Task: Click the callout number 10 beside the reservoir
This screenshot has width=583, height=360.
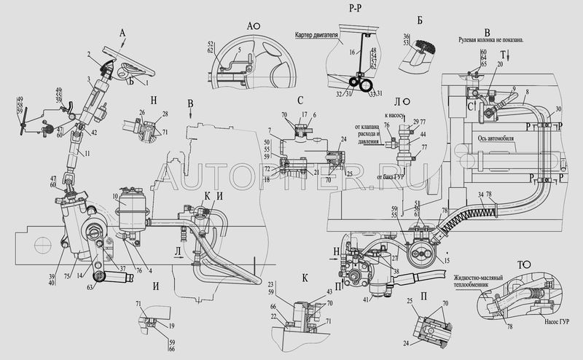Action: click(x=116, y=197)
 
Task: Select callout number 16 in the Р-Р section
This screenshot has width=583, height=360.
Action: click(x=352, y=52)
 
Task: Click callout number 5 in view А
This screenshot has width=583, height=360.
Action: click(x=240, y=49)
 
